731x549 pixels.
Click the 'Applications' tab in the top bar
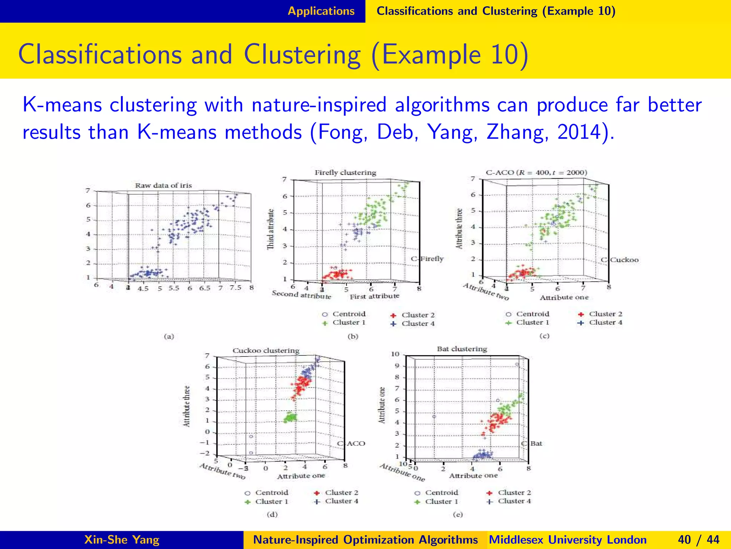pyautogui.click(x=321, y=11)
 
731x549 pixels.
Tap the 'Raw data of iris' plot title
pyautogui.click(x=163, y=186)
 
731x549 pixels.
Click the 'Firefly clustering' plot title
pyautogui.click(x=345, y=173)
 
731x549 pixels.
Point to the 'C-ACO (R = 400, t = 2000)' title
pyautogui.click(x=536, y=173)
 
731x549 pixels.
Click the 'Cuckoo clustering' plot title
pyautogui.click(x=266, y=351)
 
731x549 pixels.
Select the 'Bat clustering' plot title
pyautogui.click(x=462, y=349)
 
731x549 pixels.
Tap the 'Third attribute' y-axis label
pyautogui.click(x=271, y=229)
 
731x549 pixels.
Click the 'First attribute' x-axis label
pyautogui.click(x=374, y=296)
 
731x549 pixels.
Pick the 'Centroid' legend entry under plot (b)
pyautogui.click(x=349, y=314)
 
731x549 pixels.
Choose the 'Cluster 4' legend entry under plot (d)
pyautogui.click(x=341, y=501)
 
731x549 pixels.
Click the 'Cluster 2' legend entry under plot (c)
pyautogui.click(x=605, y=314)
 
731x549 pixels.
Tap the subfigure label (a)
pyautogui.click(x=169, y=336)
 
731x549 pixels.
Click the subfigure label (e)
pyautogui.click(x=458, y=515)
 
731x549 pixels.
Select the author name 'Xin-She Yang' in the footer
pyautogui.click(x=122, y=540)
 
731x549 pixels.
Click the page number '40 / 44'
pyautogui.click(x=699, y=540)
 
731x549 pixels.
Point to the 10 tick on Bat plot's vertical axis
pyautogui.click(x=395, y=354)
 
